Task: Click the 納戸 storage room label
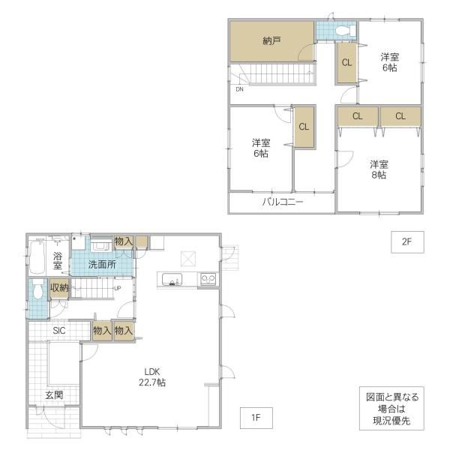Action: [271, 41]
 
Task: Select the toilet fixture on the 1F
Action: [38, 289]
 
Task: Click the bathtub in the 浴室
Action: [37, 257]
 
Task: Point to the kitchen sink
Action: [172, 279]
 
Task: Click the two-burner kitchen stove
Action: [208, 278]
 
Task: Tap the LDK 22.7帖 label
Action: [152, 377]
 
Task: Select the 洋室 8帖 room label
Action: [379, 169]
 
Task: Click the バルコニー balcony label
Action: [283, 202]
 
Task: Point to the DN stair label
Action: [239, 89]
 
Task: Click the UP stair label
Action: [118, 289]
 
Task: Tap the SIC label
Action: [59, 331]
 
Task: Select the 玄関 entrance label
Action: [54, 395]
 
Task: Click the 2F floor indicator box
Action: [407, 242]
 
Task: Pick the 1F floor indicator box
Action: [256, 418]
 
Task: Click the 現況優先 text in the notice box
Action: [391, 421]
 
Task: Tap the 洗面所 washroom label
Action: [102, 264]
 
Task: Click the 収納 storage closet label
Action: [59, 287]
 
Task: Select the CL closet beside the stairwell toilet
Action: [346, 62]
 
